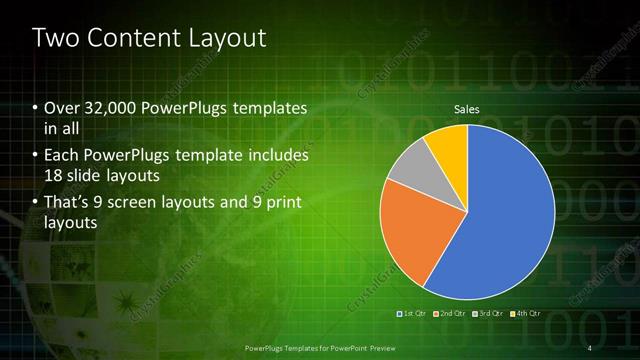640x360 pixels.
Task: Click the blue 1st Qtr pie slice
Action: click(510, 220)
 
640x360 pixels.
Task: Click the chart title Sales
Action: click(467, 108)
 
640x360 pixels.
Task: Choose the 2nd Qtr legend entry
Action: click(448, 315)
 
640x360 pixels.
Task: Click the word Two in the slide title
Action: click(57, 39)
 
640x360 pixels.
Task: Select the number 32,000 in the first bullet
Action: click(110, 107)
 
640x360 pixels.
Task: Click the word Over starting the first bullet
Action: click(61, 107)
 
